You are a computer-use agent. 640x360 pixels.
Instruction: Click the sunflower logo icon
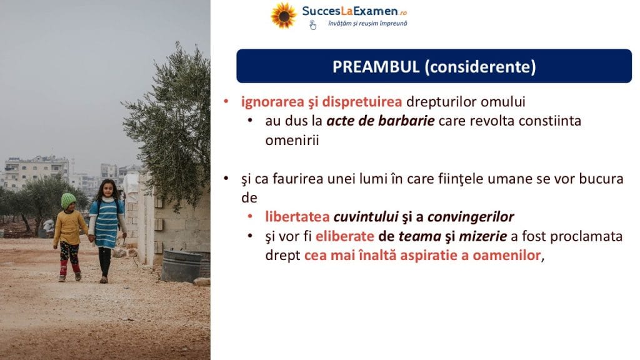coord(283,16)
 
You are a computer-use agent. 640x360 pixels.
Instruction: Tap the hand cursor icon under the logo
coord(312,25)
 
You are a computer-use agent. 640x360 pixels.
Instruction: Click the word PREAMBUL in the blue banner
coord(376,66)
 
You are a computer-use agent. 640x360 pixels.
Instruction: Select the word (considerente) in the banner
coord(481,67)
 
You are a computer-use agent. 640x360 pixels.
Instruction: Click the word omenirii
coord(292,141)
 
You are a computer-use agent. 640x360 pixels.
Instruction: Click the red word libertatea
coord(297,216)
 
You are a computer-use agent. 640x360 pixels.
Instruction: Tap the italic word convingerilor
coord(471,217)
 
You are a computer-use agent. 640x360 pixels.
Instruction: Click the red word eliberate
coord(344,236)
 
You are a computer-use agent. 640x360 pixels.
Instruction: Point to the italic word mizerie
coord(483,236)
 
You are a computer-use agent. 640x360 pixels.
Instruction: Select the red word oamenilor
coord(506,256)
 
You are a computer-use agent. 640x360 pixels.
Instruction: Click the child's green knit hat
coord(68,201)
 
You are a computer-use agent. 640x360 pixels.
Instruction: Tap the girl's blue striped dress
coord(106,223)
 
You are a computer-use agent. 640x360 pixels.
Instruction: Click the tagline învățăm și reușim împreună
coord(367,24)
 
